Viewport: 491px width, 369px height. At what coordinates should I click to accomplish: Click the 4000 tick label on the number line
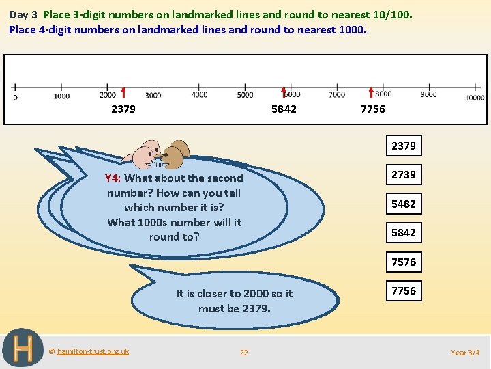click(199, 95)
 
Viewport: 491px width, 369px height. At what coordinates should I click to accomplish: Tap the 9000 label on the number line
click(428, 94)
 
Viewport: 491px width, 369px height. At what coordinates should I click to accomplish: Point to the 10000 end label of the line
click(475, 98)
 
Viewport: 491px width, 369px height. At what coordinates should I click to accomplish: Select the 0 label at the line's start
click(15, 97)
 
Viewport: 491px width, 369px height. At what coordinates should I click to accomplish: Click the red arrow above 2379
click(123, 93)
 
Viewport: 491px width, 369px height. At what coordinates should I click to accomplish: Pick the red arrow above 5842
click(284, 93)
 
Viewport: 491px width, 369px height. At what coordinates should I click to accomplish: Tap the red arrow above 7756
click(371, 93)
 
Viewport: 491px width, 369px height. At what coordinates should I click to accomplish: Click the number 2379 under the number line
click(123, 109)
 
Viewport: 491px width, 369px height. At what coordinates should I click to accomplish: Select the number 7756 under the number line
click(373, 109)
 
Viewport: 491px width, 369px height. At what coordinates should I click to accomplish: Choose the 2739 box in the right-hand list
click(403, 174)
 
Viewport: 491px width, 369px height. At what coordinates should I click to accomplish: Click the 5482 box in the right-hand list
click(403, 204)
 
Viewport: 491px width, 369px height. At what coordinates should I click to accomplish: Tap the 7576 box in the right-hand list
click(403, 262)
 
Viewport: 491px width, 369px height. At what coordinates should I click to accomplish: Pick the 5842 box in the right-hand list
click(403, 232)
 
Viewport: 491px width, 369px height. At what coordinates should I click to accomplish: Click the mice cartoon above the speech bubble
click(161, 154)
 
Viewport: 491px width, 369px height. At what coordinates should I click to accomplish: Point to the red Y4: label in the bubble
click(113, 178)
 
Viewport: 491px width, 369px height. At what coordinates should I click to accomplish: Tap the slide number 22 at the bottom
click(243, 353)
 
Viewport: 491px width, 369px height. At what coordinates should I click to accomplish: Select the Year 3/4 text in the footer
click(465, 353)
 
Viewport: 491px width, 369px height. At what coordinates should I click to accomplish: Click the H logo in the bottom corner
click(23, 348)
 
